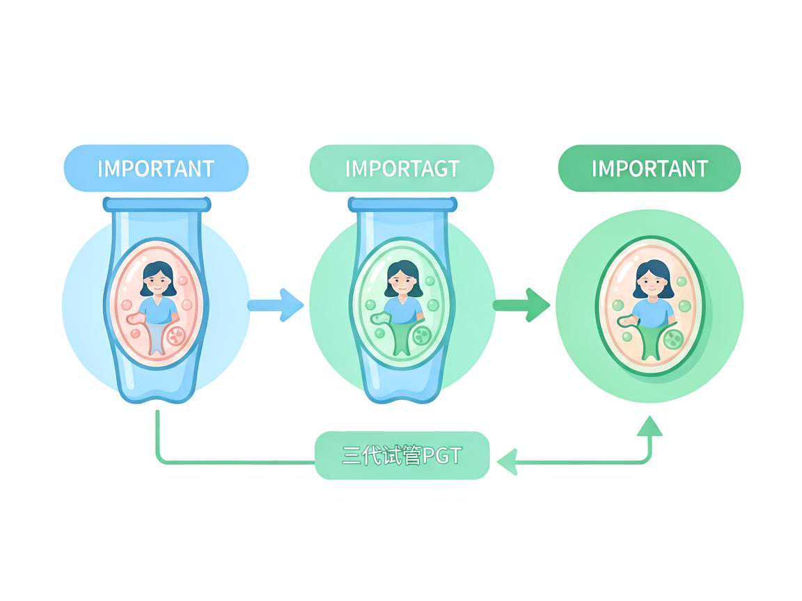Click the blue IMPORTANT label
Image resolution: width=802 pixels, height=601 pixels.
coord(156,168)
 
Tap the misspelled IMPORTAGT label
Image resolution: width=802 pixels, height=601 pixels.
coord(402,168)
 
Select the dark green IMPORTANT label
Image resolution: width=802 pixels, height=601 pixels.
coord(650,168)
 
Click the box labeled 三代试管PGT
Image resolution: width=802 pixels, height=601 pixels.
coord(402,456)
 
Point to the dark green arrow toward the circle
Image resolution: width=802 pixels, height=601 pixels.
coord(521,305)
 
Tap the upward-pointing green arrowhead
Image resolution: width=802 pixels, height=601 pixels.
coord(650,426)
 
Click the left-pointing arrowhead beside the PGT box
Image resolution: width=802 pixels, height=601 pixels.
coord(508,462)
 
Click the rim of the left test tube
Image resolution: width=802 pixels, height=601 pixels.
coord(157,205)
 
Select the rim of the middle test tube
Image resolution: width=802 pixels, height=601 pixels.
coord(402,205)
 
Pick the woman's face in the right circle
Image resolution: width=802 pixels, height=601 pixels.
coord(652,281)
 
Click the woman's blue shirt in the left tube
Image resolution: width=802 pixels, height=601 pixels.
coord(158,310)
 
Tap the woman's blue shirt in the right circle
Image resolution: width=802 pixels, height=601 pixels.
coord(653,313)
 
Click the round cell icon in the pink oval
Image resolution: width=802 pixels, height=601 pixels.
coord(175,336)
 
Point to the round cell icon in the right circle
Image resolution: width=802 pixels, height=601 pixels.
coord(673,339)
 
